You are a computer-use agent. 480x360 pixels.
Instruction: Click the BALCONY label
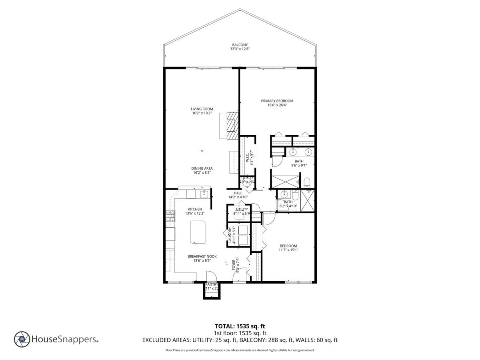coord(240,45)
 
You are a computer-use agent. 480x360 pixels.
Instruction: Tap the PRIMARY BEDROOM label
coord(277,101)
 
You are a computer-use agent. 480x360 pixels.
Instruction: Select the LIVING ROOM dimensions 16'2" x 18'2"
coord(202,113)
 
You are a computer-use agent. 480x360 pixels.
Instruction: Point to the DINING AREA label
coord(202,168)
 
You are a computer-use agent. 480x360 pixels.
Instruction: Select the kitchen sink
coord(203,194)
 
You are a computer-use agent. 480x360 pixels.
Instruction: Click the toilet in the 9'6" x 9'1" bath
coord(307,183)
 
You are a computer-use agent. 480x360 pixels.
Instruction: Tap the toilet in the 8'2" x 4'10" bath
coord(295,195)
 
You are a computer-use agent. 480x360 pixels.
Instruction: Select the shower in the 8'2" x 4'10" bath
coord(307,200)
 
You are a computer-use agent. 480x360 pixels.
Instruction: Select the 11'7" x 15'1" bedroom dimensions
coord(288,250)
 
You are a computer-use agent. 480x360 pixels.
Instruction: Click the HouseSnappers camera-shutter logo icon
coord(22,339)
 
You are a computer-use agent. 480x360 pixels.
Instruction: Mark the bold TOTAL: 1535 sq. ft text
coord(240,326)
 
